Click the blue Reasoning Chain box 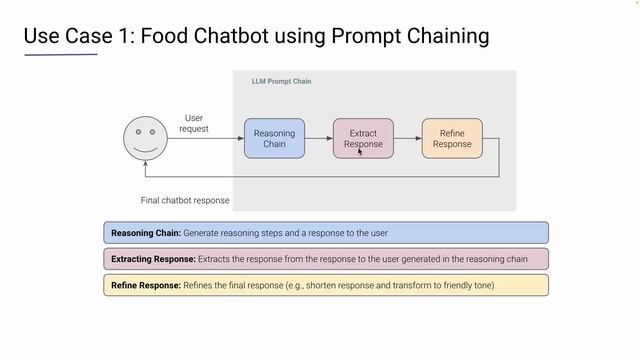point(274,138)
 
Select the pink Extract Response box point(363,138)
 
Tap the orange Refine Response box point(452,138)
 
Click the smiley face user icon point(146,138)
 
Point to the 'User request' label point(194,123)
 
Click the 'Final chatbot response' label point(185,200)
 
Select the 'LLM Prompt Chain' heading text point(281,81)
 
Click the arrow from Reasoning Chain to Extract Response point(318,138)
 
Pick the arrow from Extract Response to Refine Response point(407,138)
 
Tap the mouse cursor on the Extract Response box point(360,152)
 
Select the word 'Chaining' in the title point(446,37)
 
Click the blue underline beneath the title point(61,54)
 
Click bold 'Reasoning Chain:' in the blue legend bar point(145,233)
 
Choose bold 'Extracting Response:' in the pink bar point(153,259)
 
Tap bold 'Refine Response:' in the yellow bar point(145,285)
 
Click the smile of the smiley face point(146,147)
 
